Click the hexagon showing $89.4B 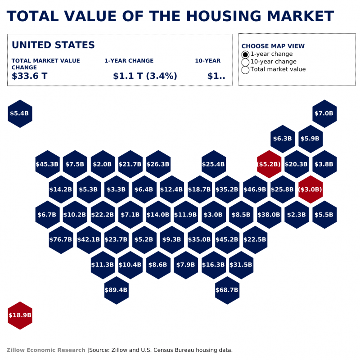click(x=116, y=290)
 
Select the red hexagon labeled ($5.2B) click(x=269, y=164)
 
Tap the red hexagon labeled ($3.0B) click(x=310, y=189)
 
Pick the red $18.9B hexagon click(x=20, y=315)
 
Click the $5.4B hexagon click(x=20, y=114)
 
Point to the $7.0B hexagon click(x=324, y=114)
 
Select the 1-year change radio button click(x=245, y=54)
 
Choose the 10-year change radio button click(x=245, y=62)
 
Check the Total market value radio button click(x=245, y=70)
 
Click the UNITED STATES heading click(x=53, y=45)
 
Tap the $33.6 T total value click(x=29, y=76)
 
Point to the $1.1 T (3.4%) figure click(x=145, y=76)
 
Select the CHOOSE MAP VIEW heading click(x=273, y=46)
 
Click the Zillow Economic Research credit click(x=46, y=350)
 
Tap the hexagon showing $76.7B click(x=61, y=240)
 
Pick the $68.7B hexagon click(x=227, y=290)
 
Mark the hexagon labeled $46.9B click(x=255, y=189)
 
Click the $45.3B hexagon click(x=47, y=164)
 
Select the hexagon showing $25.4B click(x=213, y=164)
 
